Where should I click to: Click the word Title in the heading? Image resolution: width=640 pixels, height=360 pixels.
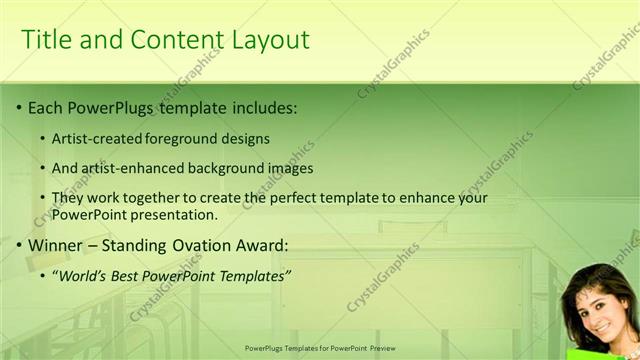click(x=46, y=39)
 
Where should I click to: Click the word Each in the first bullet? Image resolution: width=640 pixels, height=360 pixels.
click(x=45, y=107)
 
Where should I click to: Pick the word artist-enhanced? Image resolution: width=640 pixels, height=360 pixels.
click(x=127, y=168)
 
